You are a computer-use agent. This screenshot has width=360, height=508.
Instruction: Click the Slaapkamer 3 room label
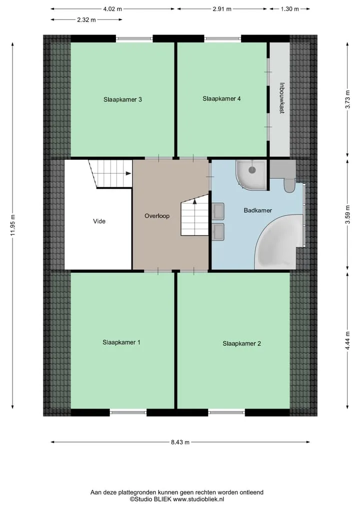(122, 99)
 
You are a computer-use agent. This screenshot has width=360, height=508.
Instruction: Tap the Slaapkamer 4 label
(221, 98)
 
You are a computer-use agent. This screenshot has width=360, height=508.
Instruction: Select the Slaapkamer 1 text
(121, 342)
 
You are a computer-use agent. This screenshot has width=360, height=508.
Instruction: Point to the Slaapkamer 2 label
(241, 344)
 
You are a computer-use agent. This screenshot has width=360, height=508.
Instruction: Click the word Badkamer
(258, 210)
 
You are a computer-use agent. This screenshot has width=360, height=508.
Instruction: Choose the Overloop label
(157, 216)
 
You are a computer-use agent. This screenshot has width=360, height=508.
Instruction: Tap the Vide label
(99, 221)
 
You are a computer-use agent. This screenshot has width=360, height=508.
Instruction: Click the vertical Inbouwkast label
(282, 98)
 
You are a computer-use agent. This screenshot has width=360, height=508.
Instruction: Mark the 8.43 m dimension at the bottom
(180, 442)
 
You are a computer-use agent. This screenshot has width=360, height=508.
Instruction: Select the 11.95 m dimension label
(12, 225)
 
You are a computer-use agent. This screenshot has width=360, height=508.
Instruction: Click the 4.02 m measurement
(112, 9)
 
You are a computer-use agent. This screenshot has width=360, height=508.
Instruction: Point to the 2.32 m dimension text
(86, 20)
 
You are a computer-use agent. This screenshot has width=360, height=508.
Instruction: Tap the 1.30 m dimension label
(289, 9)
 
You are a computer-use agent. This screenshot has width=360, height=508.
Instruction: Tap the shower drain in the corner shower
(252, 169)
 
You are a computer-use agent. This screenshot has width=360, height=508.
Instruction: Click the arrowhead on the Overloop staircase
(194, 201)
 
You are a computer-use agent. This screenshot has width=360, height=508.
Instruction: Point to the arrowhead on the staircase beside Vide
(128, 173)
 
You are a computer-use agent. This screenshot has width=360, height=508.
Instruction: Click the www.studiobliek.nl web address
(198, 499)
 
